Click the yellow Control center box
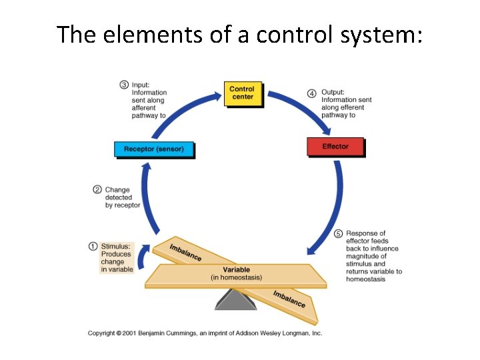tap(241, 93)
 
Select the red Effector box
tap(335, 147)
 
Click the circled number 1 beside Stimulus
tap(93, 246)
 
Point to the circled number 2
tap(97, 190)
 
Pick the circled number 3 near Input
tap(124, 85)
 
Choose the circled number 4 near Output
tap(312, 93)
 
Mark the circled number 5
tap(338, 234)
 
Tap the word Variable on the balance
tap(236, 269)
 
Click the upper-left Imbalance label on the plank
tap(185, 253)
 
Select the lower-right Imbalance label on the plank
tap(289, 299)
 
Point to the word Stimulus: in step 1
tap(116, 246)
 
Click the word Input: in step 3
tap(141, 85)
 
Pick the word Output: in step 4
tap(333, 93)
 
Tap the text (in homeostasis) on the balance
tap(236, 277)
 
